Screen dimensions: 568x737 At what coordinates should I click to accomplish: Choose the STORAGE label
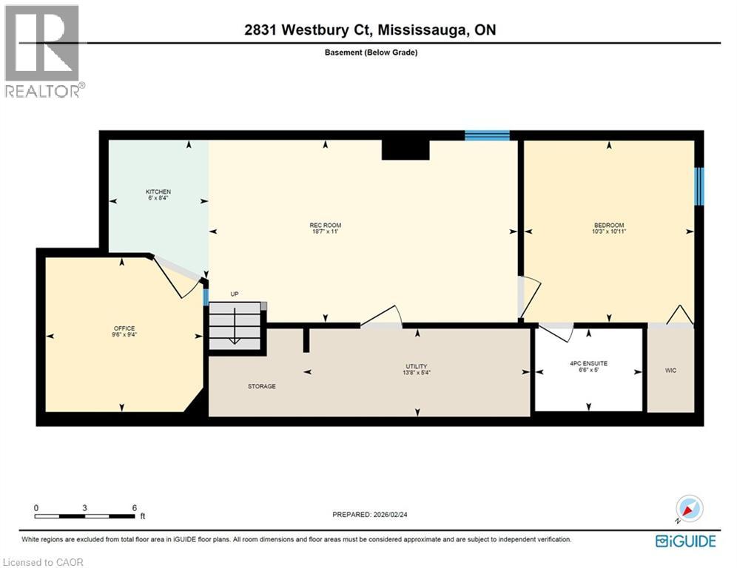pos(262,386)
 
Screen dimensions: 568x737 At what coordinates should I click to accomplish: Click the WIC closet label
pos(670,370)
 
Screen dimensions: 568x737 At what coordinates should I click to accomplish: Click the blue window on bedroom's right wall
pos(699,186)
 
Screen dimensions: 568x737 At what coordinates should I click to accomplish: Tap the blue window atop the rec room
pos(487,135)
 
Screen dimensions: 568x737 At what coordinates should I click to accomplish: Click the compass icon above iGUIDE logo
pos(690,509)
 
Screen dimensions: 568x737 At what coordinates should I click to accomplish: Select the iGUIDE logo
pos(686,541)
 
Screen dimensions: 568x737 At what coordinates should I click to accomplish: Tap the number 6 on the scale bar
pos(134,507)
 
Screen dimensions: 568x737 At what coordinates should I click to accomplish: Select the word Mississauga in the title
pos(426,30)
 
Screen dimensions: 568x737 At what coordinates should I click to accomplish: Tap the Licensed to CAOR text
pos(43,562)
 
